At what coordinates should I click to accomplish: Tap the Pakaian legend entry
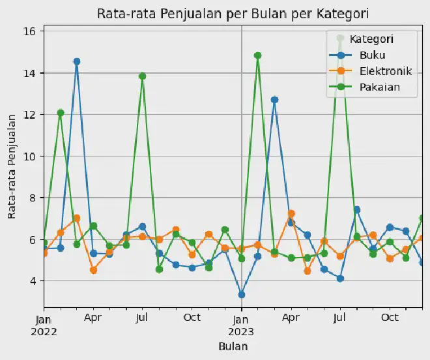click(x=377, y=86)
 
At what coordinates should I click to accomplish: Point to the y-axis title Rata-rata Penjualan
click(x=12, y=166)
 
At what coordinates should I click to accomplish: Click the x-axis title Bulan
click(x=233, y=346)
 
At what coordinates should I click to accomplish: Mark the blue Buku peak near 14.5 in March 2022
click(x=77, y=62)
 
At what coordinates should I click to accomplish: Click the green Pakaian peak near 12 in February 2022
click(x=61, y=113)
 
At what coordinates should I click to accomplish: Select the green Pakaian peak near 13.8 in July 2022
click(x=143, y=76)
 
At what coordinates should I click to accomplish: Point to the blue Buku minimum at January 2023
click(x=242, y=295)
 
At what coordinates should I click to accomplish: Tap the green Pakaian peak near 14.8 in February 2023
click(x=258, y=56)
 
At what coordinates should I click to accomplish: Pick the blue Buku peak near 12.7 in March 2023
click(x=274, y=100)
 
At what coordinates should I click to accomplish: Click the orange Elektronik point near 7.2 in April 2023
click(x=291, y=214)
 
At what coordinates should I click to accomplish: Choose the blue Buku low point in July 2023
click(x=340, y=278)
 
